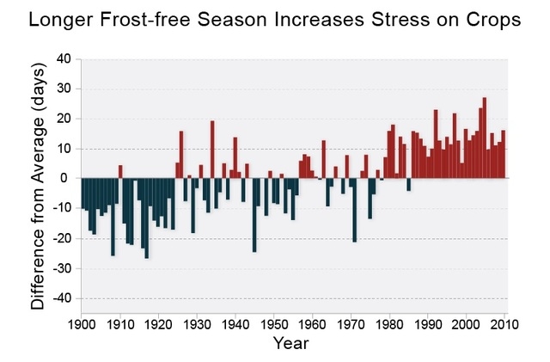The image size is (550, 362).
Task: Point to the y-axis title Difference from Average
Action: tap(38, 189)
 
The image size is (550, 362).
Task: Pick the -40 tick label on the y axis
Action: tap(61, 298)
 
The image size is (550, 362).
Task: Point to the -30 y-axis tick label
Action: tap(61, 268)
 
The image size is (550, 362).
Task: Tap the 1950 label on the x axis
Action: tap(273, 324)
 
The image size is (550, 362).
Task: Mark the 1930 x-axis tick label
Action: tap(196, 324)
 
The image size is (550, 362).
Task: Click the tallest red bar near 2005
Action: tap(484, 138)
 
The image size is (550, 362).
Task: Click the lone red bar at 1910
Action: tap(120, 171)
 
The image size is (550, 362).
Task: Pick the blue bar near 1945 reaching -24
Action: tap(254, 214)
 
